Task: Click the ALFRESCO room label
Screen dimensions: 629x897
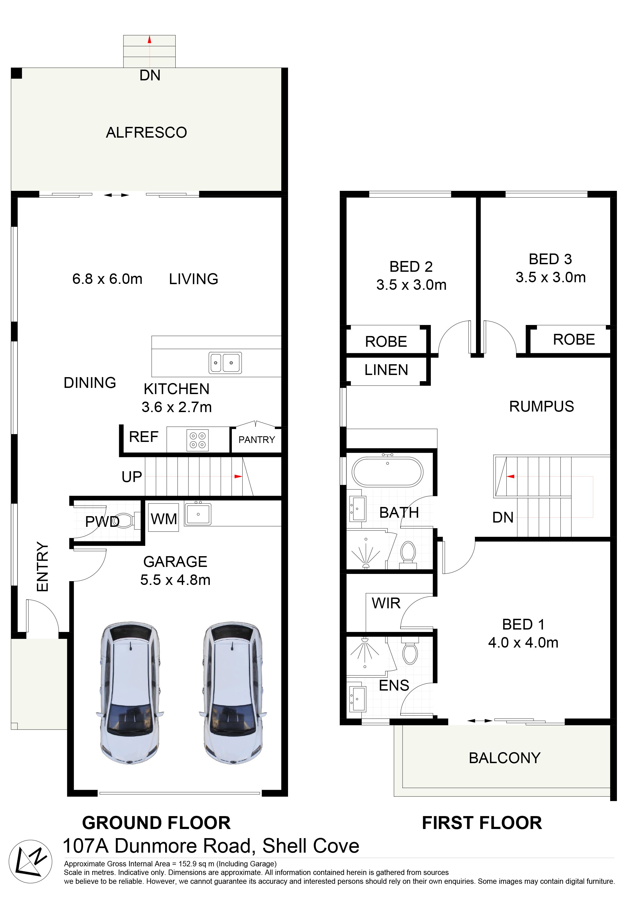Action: [x=146, y=133]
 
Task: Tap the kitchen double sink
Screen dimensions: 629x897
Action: [x=225, y=363]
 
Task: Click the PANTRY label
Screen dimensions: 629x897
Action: [x=257, y=440]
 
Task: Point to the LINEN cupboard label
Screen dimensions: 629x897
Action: [x=386, y=370]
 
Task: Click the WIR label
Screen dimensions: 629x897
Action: [x=386, y=603]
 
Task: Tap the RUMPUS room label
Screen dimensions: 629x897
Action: [x=541, y=406]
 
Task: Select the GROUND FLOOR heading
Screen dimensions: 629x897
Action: [x=156, y=823]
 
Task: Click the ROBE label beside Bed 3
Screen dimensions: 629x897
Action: [x=574, y=339]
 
